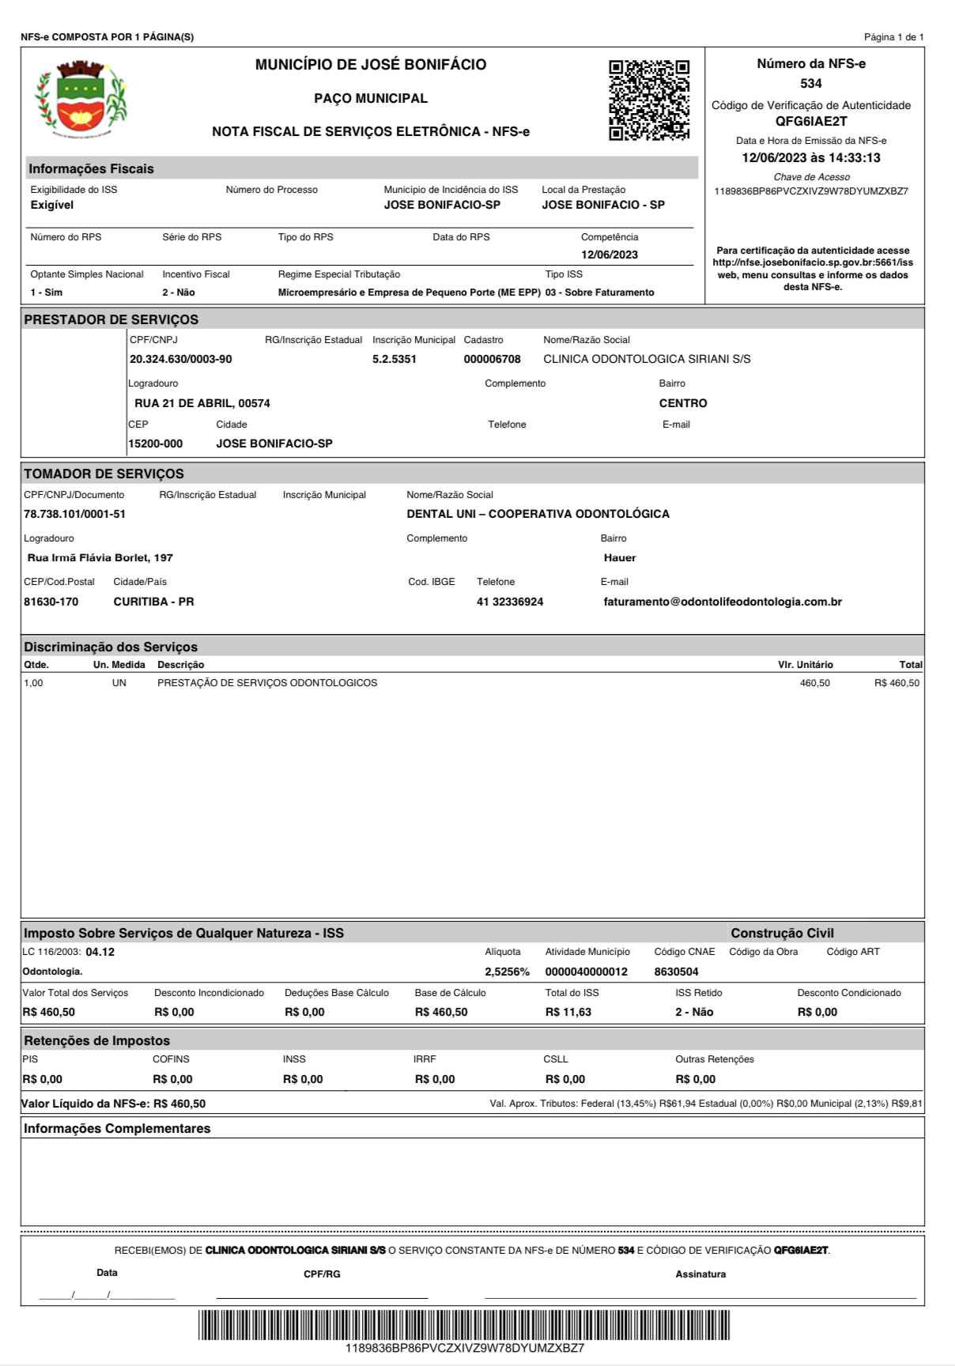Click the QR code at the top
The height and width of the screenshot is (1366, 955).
point(648,100)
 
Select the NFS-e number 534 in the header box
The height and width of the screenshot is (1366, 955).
point(810,84)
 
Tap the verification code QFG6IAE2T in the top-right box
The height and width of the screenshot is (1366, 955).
point(810,122)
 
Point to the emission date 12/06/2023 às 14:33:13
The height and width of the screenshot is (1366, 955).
point(810,158)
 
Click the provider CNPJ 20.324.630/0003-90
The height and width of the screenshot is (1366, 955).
point(181,360)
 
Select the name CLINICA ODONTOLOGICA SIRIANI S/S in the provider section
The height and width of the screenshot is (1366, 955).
point(647,360)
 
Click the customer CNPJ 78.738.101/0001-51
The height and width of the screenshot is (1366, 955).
point(74,515)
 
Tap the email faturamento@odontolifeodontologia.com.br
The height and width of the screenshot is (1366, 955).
point(723,602)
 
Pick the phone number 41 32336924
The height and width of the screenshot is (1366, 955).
point(510,602)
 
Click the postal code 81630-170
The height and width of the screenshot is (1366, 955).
point(51,602)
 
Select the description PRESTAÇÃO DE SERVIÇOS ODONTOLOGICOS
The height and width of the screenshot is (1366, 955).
point(267,683)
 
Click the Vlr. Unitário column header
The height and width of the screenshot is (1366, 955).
point(805,665)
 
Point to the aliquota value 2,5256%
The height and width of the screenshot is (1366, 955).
point(507,972)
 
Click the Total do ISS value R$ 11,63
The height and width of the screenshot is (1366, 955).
point(568,1013)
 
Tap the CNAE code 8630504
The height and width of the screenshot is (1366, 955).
point(676,972)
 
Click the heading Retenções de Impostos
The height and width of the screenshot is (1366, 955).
point(96,1041)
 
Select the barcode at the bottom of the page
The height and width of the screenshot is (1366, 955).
point(464,1325)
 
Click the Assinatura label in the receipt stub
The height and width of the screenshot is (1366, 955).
point(700,1274)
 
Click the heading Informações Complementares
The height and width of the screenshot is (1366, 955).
point(117,1129)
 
